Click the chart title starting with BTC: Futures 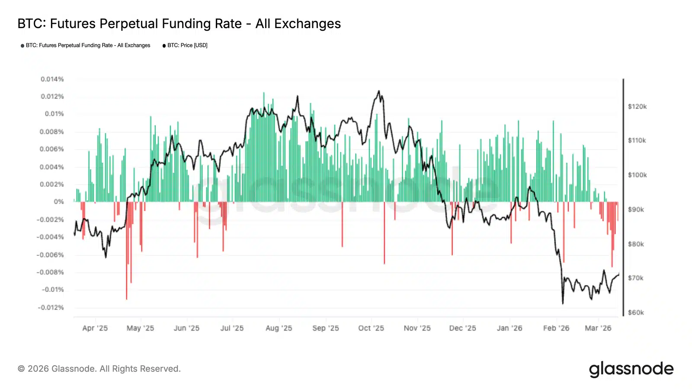(179, 24)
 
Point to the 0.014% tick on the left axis (52, 79)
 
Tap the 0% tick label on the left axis (59, 202)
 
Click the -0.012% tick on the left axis (51, 307)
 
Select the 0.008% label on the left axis (52, 131)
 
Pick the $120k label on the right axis (637, 106)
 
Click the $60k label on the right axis (636, 312)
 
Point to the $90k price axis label (636, 210)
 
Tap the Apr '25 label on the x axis (95, 328)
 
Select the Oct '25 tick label (371, 328)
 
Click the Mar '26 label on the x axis (598, 328)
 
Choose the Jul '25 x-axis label (232, 328)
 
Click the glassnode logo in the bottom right (631, 369)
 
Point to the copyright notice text (99, 369)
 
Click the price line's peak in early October (379, 91)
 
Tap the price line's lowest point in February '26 (563, 303)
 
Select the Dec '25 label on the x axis (463, 328)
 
